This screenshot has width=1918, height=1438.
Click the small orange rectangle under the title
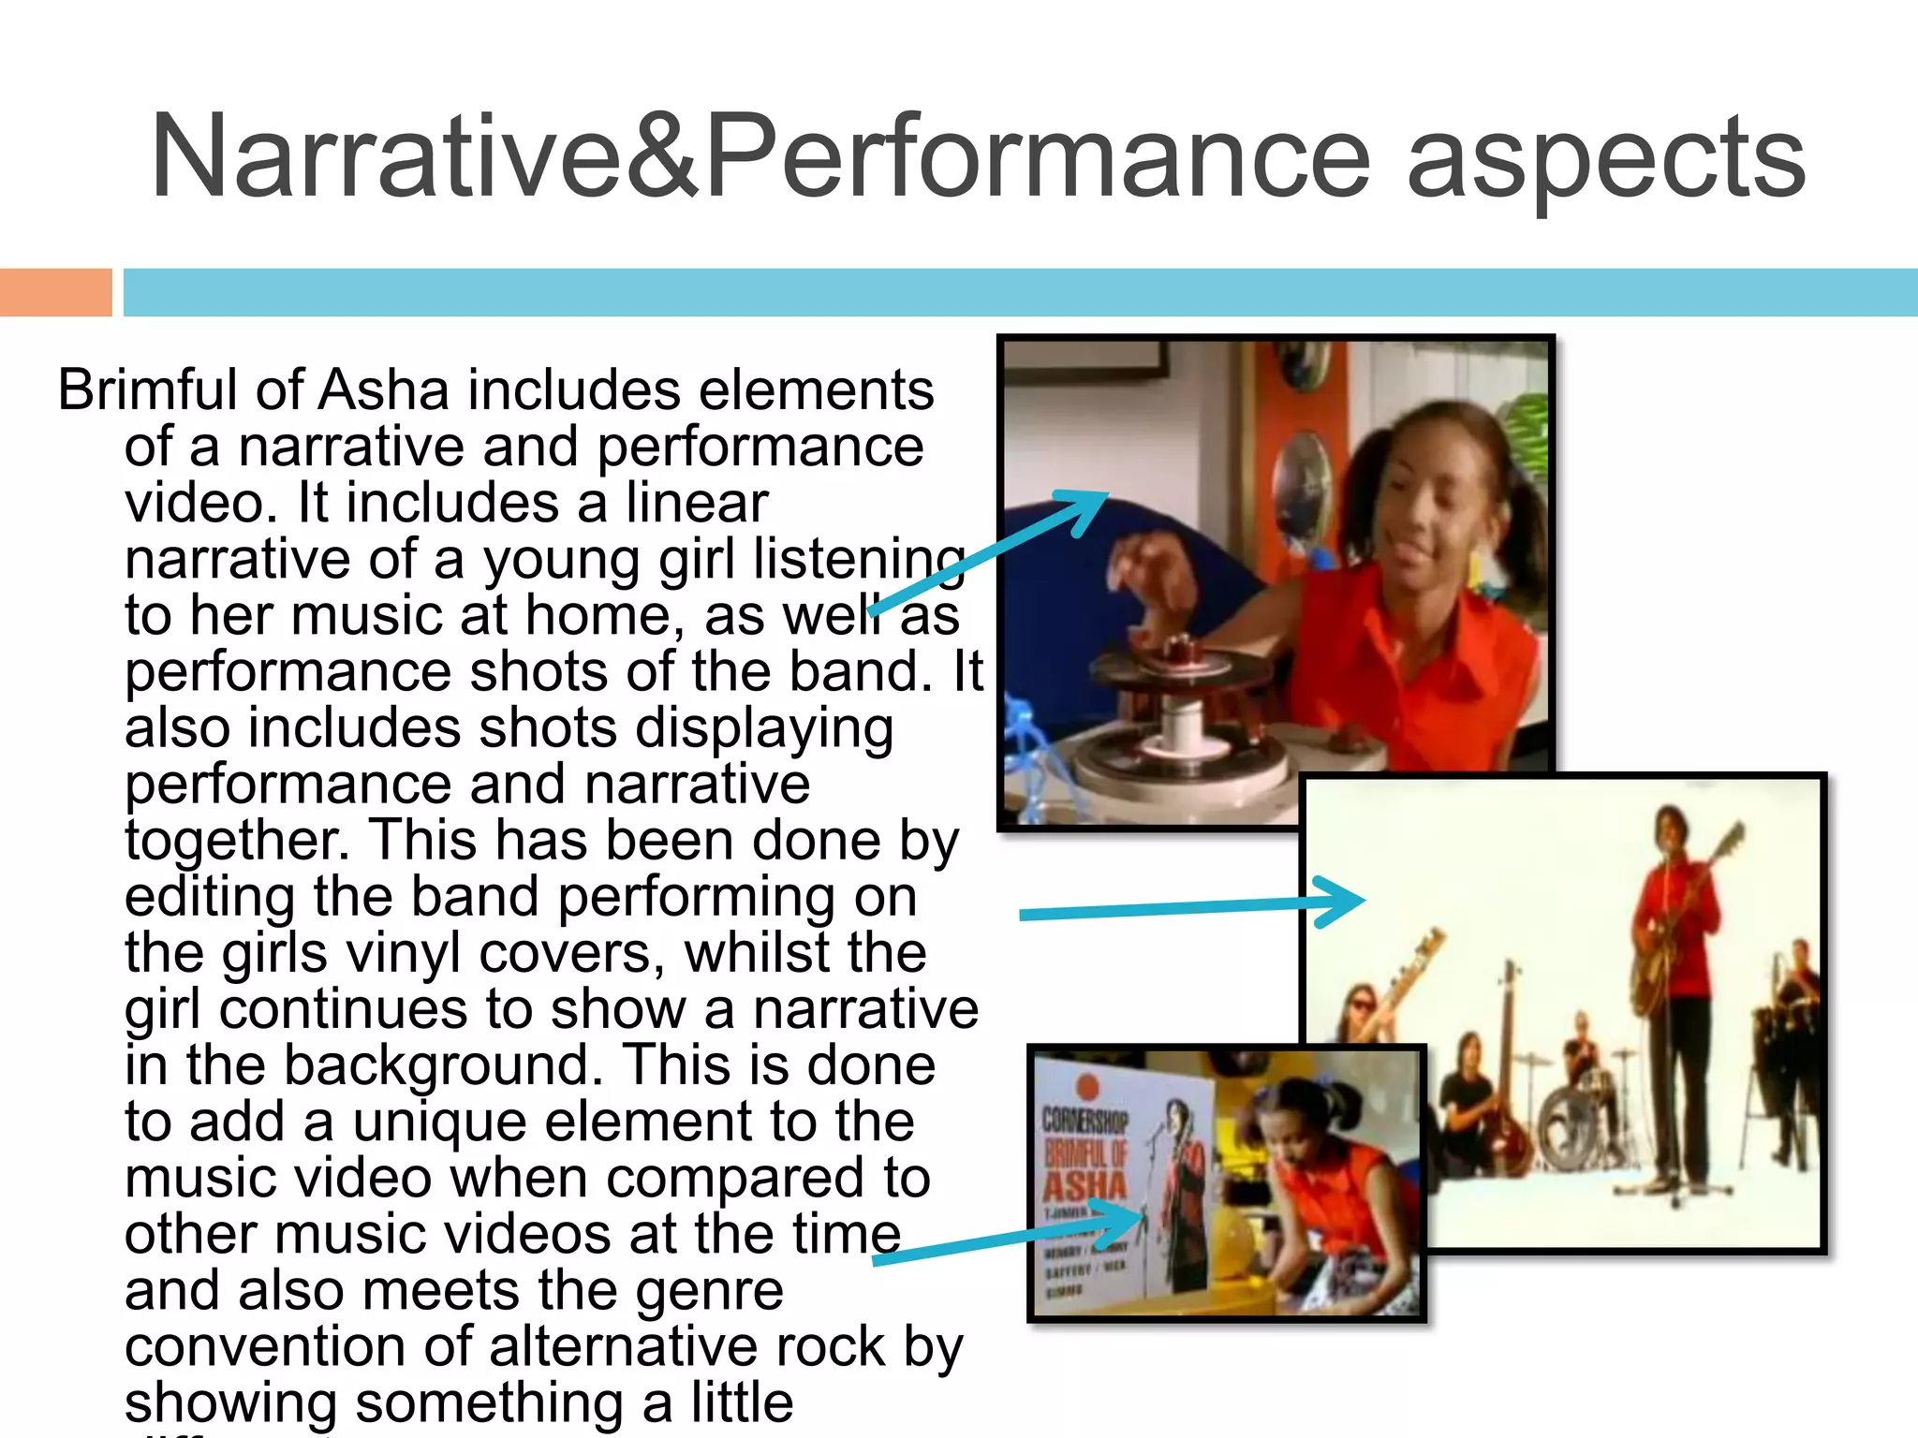point(55,292)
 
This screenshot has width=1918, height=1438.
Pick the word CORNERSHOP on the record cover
point(1084,1120)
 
